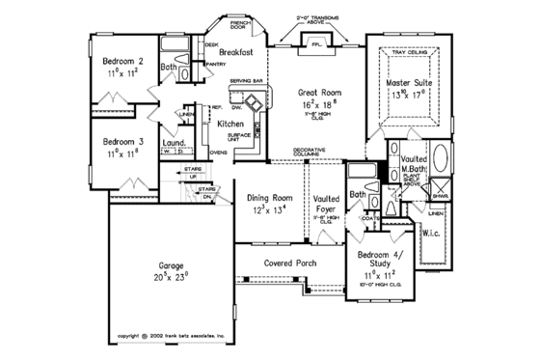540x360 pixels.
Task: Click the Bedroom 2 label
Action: tap(123, 61)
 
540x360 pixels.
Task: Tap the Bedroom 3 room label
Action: tap(123, 141)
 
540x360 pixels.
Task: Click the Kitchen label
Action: tap(229, 125)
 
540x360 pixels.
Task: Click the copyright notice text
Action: tap(170, 336)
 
